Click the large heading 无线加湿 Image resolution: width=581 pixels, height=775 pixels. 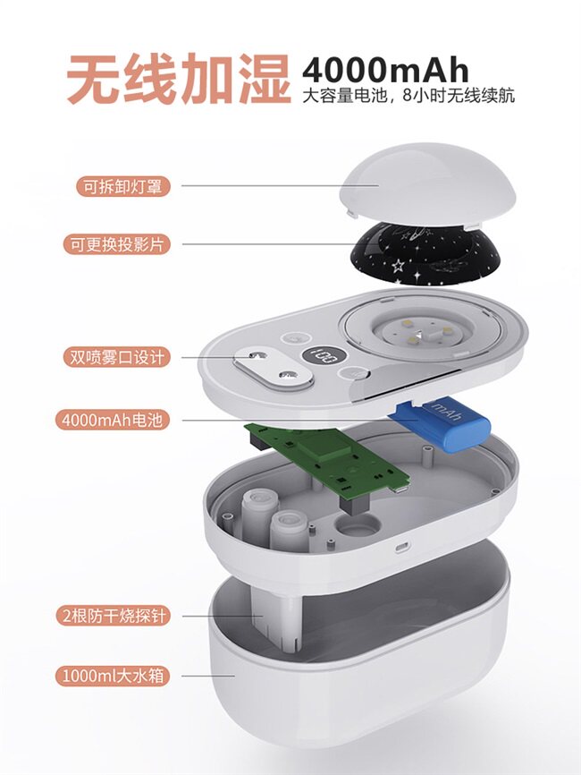[179, 79]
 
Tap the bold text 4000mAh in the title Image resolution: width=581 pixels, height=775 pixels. [385, 70]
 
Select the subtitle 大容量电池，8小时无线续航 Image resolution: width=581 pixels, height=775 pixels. [408, 95]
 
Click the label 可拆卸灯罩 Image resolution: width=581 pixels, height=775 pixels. [123, 187]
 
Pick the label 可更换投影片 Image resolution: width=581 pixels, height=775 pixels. [116, 244]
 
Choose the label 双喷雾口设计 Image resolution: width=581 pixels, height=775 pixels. [116, 357]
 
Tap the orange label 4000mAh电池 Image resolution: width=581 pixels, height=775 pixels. [113, 420]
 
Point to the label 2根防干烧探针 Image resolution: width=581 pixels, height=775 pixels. [113, 616]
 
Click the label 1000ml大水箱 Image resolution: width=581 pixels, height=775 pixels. [113, 675]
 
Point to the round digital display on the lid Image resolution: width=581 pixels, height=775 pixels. [320, 355]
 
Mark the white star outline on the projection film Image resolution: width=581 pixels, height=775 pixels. [398, 266]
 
